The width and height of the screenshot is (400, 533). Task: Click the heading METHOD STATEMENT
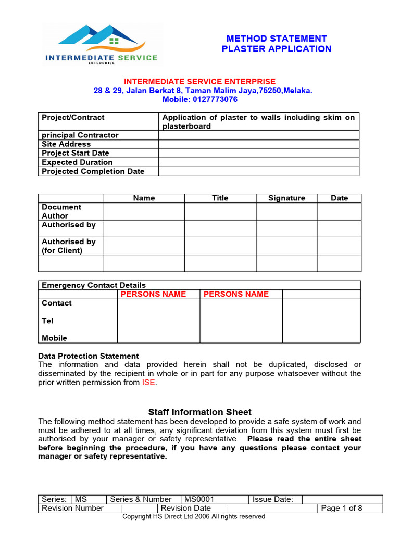pyautogui.click(x=276, y=39)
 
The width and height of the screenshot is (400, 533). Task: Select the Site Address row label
pyautogui.click(x=66, y=144)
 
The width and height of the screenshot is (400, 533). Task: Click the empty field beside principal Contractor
pyautogui.click(x=258, y=135)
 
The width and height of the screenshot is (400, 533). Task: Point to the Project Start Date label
pyautogui.click(x=76, y=153)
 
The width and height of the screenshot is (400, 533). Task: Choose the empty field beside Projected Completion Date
pyautogui.click(x=258, y=171)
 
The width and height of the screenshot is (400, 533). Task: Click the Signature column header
pyautogui.click(x=286, y=198)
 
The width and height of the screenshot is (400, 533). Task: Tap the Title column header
pyautogui.click(x=220, y=198)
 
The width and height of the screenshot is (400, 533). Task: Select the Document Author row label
pyautogui.click(x=61, y=211)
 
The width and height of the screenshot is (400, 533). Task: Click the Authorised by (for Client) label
pyautogui.click(x=69, y=246)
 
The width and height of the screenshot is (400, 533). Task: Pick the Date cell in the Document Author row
pyautogui.click(x=339, y=211)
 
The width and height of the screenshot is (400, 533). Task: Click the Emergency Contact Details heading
pyautogui.click(x=94, y=285)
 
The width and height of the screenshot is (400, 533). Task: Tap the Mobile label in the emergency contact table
pyautogui.click(x=55, y=338)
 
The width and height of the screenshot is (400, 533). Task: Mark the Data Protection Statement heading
pyautogui.click(x=89, y=356)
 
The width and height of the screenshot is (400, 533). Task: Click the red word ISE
pyautogui.click(x=148, y=383)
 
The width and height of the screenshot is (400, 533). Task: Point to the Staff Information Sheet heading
pyautogui.click(x=199, y=412)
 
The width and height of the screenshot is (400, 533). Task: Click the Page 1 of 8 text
pyautogui.click(x=342, y=509)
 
